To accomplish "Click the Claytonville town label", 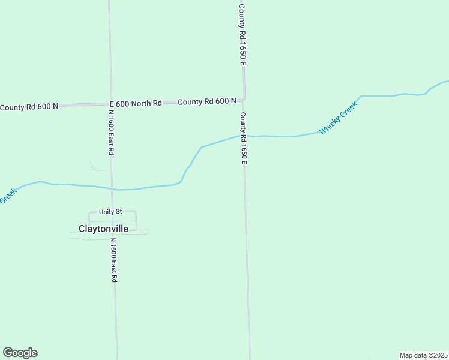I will click(x=103, y=229).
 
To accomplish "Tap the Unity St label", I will click(x=110, y=212).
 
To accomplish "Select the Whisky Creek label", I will click(x=338, y=118).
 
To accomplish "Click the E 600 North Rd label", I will click(x=136, y=103).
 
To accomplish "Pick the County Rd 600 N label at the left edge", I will click(x=29, y=107).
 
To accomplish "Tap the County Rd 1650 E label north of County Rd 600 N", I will click(x=242, y=34).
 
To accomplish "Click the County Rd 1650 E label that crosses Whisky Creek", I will click(x=243, y=138).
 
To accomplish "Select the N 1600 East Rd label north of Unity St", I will click(x=111, y=129).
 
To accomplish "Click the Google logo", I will click(x=20, y=353).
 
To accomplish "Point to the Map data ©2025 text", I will click(x=423, y=355).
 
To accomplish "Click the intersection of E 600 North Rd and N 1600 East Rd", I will click(x=110, y=104).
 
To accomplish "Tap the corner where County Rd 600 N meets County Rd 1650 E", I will click(x=243, y=99).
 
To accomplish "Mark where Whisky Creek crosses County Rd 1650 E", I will click(x=243, y=136).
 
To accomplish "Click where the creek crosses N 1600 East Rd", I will click(x=112, y=189).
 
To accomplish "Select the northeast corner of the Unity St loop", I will click(x=136, y=212).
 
